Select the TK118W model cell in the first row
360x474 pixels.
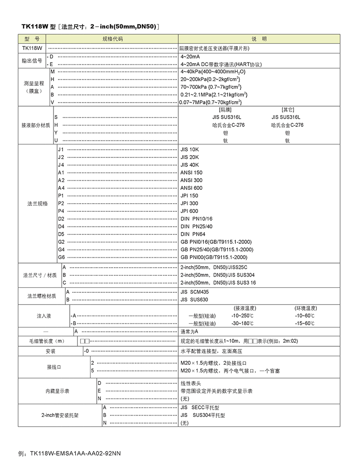click(32, 47)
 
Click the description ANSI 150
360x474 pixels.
click(191, 173)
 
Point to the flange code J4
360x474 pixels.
click(61, 165)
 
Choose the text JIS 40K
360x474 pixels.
click(189, 165)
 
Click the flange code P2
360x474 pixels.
click(61, 203)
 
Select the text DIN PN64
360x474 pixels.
click(193, 234)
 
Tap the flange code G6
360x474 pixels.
click(61, 257)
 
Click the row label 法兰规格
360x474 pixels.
click(35, 203)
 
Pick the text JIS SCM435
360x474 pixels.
click(197, 292)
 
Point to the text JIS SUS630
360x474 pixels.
click(194, 300)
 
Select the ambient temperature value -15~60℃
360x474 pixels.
click(305, 324)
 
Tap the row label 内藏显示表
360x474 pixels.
click(58, 391)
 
